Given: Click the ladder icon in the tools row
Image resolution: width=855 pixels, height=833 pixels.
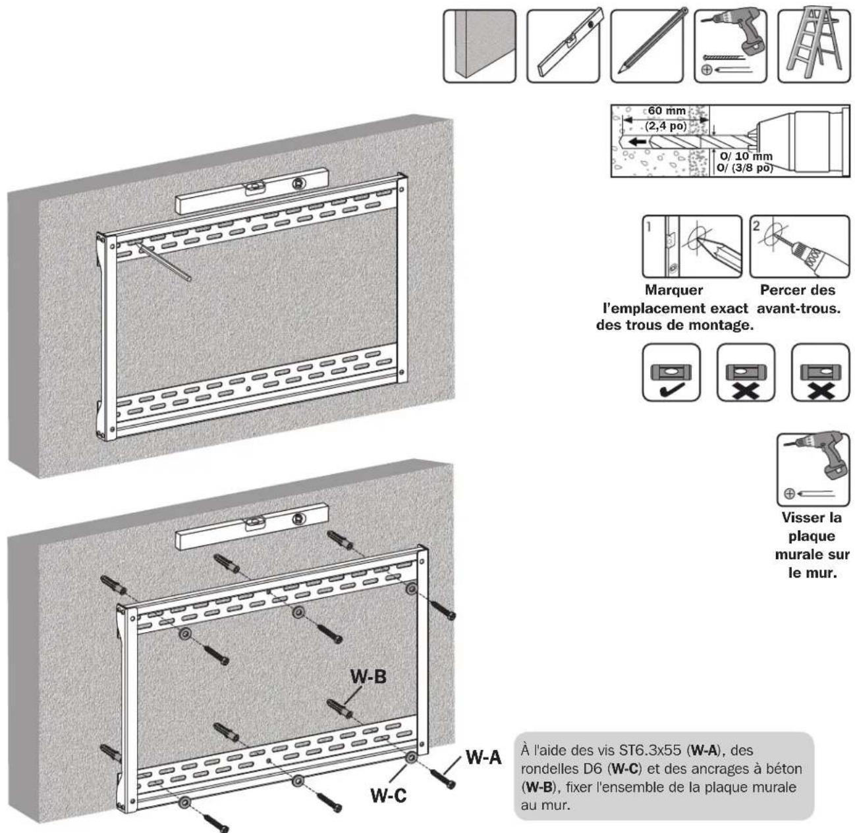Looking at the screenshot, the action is pos(814,46).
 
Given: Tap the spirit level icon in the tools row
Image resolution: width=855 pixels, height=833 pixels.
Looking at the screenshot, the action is pos(563,46).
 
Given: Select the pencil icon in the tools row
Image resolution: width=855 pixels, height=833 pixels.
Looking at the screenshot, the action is pos(647,46).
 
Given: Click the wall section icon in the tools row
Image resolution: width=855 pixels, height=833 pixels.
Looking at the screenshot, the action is pos(480,46).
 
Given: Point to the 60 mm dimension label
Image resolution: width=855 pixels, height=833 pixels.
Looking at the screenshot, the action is pos(667,111).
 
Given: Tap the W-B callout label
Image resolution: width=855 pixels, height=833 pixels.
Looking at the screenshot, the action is pos(368,677).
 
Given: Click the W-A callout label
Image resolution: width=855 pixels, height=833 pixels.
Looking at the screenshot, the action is pos(483,757).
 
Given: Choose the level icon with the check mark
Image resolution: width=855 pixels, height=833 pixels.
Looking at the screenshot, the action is pos(671,372).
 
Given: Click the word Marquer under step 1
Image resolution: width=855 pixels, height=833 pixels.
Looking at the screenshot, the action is pos(674,290).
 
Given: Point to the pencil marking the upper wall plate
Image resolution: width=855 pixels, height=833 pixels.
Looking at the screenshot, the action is pos(165,262).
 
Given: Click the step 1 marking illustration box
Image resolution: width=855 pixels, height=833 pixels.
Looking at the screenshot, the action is pos(692,246).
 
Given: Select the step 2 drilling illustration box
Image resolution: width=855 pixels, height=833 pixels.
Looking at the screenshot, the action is pos(800,246).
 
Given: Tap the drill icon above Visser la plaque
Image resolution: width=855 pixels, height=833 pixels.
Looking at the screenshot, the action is pos(814,469).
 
